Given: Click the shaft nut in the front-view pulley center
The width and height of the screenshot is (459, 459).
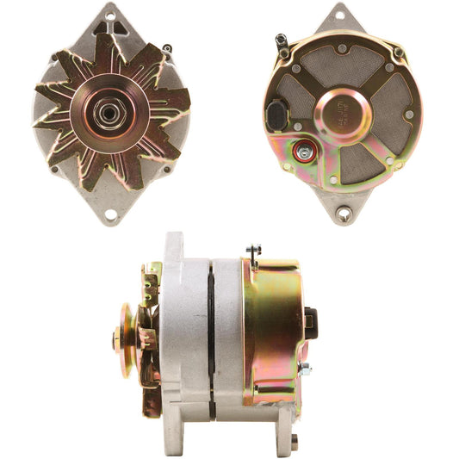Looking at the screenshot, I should pos(111,113).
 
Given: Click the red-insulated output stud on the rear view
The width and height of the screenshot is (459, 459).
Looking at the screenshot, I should pos(304,152).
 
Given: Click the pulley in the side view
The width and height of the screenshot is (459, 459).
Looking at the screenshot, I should pos(127,339).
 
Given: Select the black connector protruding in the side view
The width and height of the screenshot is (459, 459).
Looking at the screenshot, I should pos(309,322).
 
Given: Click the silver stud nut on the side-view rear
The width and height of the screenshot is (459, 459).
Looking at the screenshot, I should pos(304,370).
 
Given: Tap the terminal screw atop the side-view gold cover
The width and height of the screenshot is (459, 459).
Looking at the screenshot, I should pos(254,252).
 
